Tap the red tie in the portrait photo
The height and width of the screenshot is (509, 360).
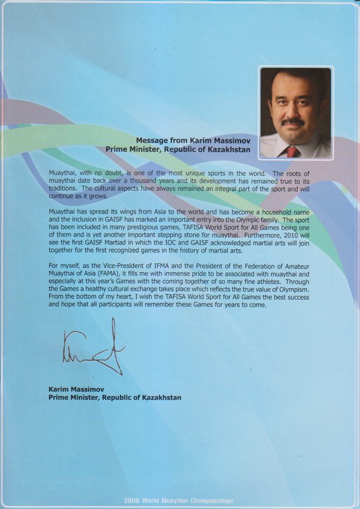[292, 152]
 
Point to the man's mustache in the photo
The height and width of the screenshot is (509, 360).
[293, 122]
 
